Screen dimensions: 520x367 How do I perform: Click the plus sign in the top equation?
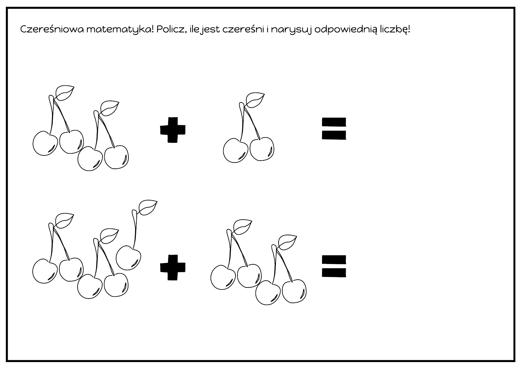[x=173, y=130]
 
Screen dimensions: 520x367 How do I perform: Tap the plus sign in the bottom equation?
[x=173, y=267]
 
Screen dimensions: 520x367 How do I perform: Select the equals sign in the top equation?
[x=334, y=129]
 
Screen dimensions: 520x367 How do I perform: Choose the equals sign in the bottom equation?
[x=334, y=266]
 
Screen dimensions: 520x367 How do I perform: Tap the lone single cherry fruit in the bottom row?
[x=128, y=258]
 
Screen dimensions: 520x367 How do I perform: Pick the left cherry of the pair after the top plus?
[x=236, y=151]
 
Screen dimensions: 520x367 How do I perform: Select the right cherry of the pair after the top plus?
[x=262, y=149]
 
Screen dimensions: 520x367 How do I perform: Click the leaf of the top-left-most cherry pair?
[x=65, y=93]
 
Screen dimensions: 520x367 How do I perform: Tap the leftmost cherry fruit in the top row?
[x=45, y=143]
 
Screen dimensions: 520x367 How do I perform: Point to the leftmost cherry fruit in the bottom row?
[x=45, y=271]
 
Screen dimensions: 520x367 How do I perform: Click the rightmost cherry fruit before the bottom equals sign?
[x=294, y=291]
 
